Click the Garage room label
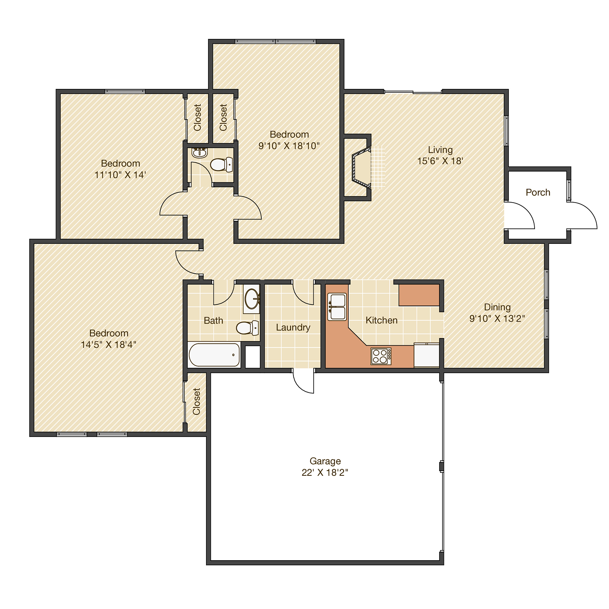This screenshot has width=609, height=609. click(x=325, y=461)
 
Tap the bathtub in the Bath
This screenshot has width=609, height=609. click(x=214, y=355)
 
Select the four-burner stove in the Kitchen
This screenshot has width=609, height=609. click(x=381, y=356)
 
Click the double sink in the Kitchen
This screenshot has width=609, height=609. click(x=337, y=307)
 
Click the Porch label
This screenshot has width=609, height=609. click(x=538, y=192)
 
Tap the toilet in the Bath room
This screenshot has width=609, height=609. click(x=247, y=327)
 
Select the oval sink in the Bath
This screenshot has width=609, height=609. click(x=252, y=299)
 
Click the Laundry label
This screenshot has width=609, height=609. click(x=293, y=327)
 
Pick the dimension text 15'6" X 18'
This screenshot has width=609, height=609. click(x=440, y=161)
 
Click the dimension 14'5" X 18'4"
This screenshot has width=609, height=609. click(x=109, y=345)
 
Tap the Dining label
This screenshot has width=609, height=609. click(x=497, y=307)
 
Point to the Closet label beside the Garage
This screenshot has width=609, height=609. click(x=196, y=401)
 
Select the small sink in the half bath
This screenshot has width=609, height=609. click(x=200, y=153)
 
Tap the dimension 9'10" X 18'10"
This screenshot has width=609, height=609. click(x=289, y=146)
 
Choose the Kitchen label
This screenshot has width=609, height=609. click(x=382, y=320)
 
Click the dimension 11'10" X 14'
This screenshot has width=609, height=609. click(x=120, y=175)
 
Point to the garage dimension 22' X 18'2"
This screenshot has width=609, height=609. click(x=325, y=473)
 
